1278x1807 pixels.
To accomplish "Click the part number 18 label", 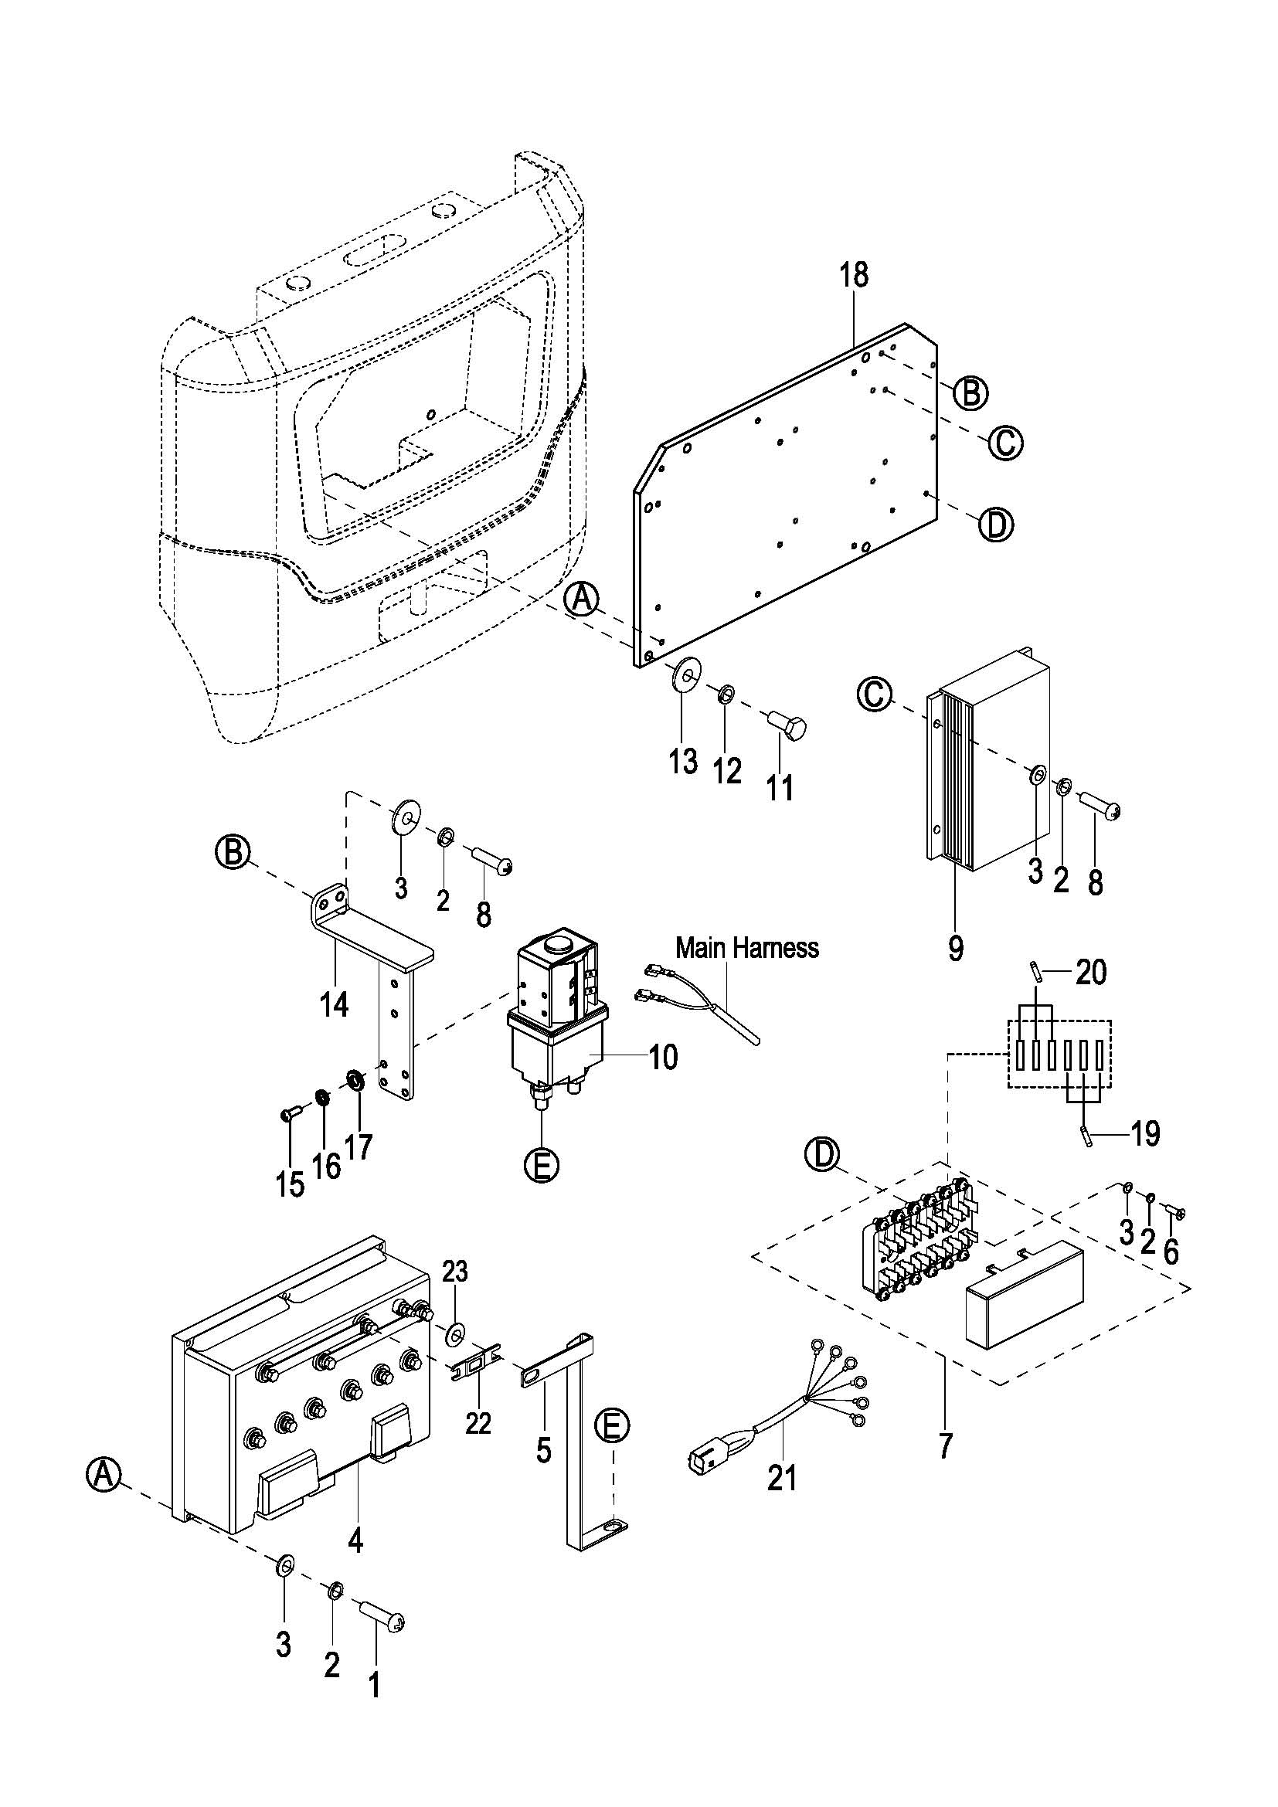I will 853,275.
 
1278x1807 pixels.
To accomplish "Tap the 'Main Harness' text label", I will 747,948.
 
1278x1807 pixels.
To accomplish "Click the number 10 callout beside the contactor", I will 663,1057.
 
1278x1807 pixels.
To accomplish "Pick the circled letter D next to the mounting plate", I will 995,524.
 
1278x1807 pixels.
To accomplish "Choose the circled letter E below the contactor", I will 541,1165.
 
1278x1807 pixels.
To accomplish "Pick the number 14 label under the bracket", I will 335,1005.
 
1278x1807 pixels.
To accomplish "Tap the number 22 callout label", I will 478,1422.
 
